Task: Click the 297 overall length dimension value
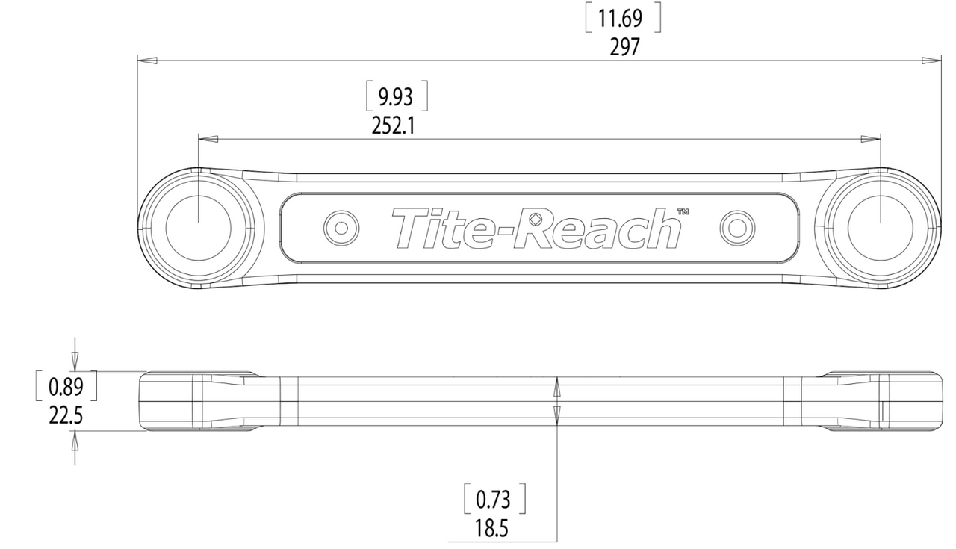[624, 47]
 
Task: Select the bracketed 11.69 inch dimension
[624, 18]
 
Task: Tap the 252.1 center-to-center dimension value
[394, 125]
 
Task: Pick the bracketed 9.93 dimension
[396, 96]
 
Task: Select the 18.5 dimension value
[491, 529]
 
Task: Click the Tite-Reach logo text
[536, 228]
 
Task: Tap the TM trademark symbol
[681, 212]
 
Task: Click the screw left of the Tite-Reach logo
[341, 227]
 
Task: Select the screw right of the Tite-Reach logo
[736, 227]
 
